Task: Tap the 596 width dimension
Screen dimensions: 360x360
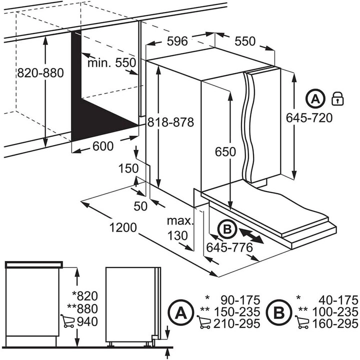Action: (177, 41)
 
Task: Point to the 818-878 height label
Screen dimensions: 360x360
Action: (170, 122)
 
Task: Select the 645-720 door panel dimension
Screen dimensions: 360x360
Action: (309, 117)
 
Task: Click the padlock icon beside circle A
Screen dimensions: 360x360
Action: (337, 98)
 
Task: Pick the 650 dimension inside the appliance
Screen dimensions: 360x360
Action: (225, 152)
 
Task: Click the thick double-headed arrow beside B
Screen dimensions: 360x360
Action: (251, 235)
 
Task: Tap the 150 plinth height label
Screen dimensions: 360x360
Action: (128, 169)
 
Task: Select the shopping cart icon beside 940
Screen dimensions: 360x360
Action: (66, 320)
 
